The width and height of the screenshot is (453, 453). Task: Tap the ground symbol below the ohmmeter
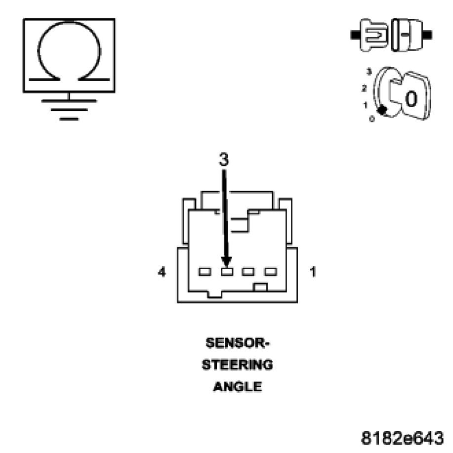(x=69, y=109)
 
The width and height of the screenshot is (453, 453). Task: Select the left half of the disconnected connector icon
(x=370, y=35)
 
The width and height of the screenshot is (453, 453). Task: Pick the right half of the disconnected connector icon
(x=408, y=35)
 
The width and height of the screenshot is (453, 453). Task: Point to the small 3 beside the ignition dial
(x=369, y=72)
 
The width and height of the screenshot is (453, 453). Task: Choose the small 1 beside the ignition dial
(x=365, y=105)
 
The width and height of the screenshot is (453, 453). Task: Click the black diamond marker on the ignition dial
(x=381, y=110)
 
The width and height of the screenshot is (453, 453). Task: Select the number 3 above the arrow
(x=224, y=160)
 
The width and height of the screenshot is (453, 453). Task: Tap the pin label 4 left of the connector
(x=162, y=272)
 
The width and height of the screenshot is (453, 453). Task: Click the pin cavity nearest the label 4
(x=204, y=272)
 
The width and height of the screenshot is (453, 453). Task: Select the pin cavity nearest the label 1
(x=270, y=272)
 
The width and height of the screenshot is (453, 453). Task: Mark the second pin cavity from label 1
(x=248, y=272)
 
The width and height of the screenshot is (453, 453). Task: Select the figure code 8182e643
(x=403, y=438)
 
